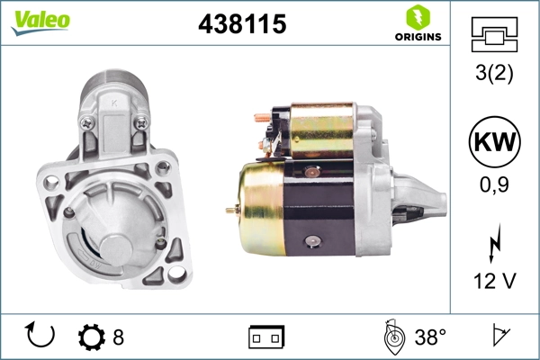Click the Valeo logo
coord(40,22)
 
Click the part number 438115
coord(242,24)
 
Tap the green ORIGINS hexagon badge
coord(418,18)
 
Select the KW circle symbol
coord(494,142)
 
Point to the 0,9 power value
coord(494,184)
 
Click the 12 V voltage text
coord(494,281)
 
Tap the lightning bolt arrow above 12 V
coord(494,243)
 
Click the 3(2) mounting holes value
coord(494,73)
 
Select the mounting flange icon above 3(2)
coord(494,34)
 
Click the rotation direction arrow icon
coord(40,335)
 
